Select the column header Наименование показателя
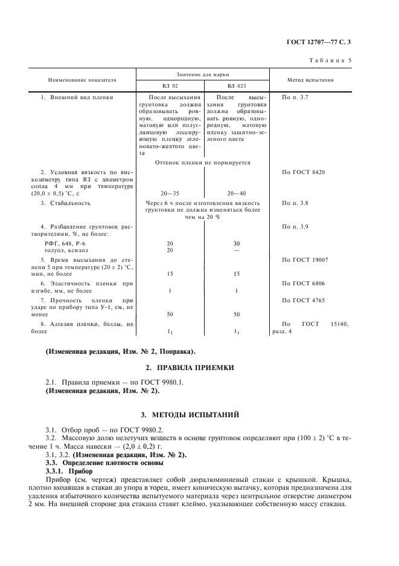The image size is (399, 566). click(x=82, y=80)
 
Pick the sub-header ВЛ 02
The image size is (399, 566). click(x=170, y=86)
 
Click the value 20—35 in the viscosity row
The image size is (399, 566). click(x=170, y=193)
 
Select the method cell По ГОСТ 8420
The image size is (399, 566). click(x=303, y=172)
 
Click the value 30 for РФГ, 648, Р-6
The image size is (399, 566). click(x=237, y=242)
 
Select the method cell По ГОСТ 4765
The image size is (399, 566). click(x=303, y=299)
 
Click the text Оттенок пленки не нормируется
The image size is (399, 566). click(x=203, y=162)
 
